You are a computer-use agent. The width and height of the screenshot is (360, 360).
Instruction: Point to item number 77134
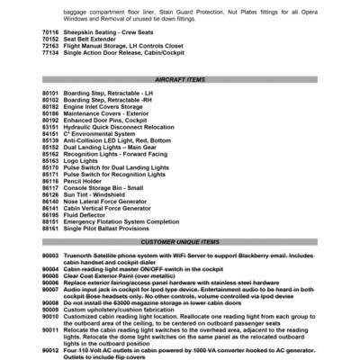point(49,53)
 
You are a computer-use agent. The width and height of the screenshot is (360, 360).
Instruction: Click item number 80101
point(49,93)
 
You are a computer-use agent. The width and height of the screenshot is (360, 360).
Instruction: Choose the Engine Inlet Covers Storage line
point(108,106)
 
